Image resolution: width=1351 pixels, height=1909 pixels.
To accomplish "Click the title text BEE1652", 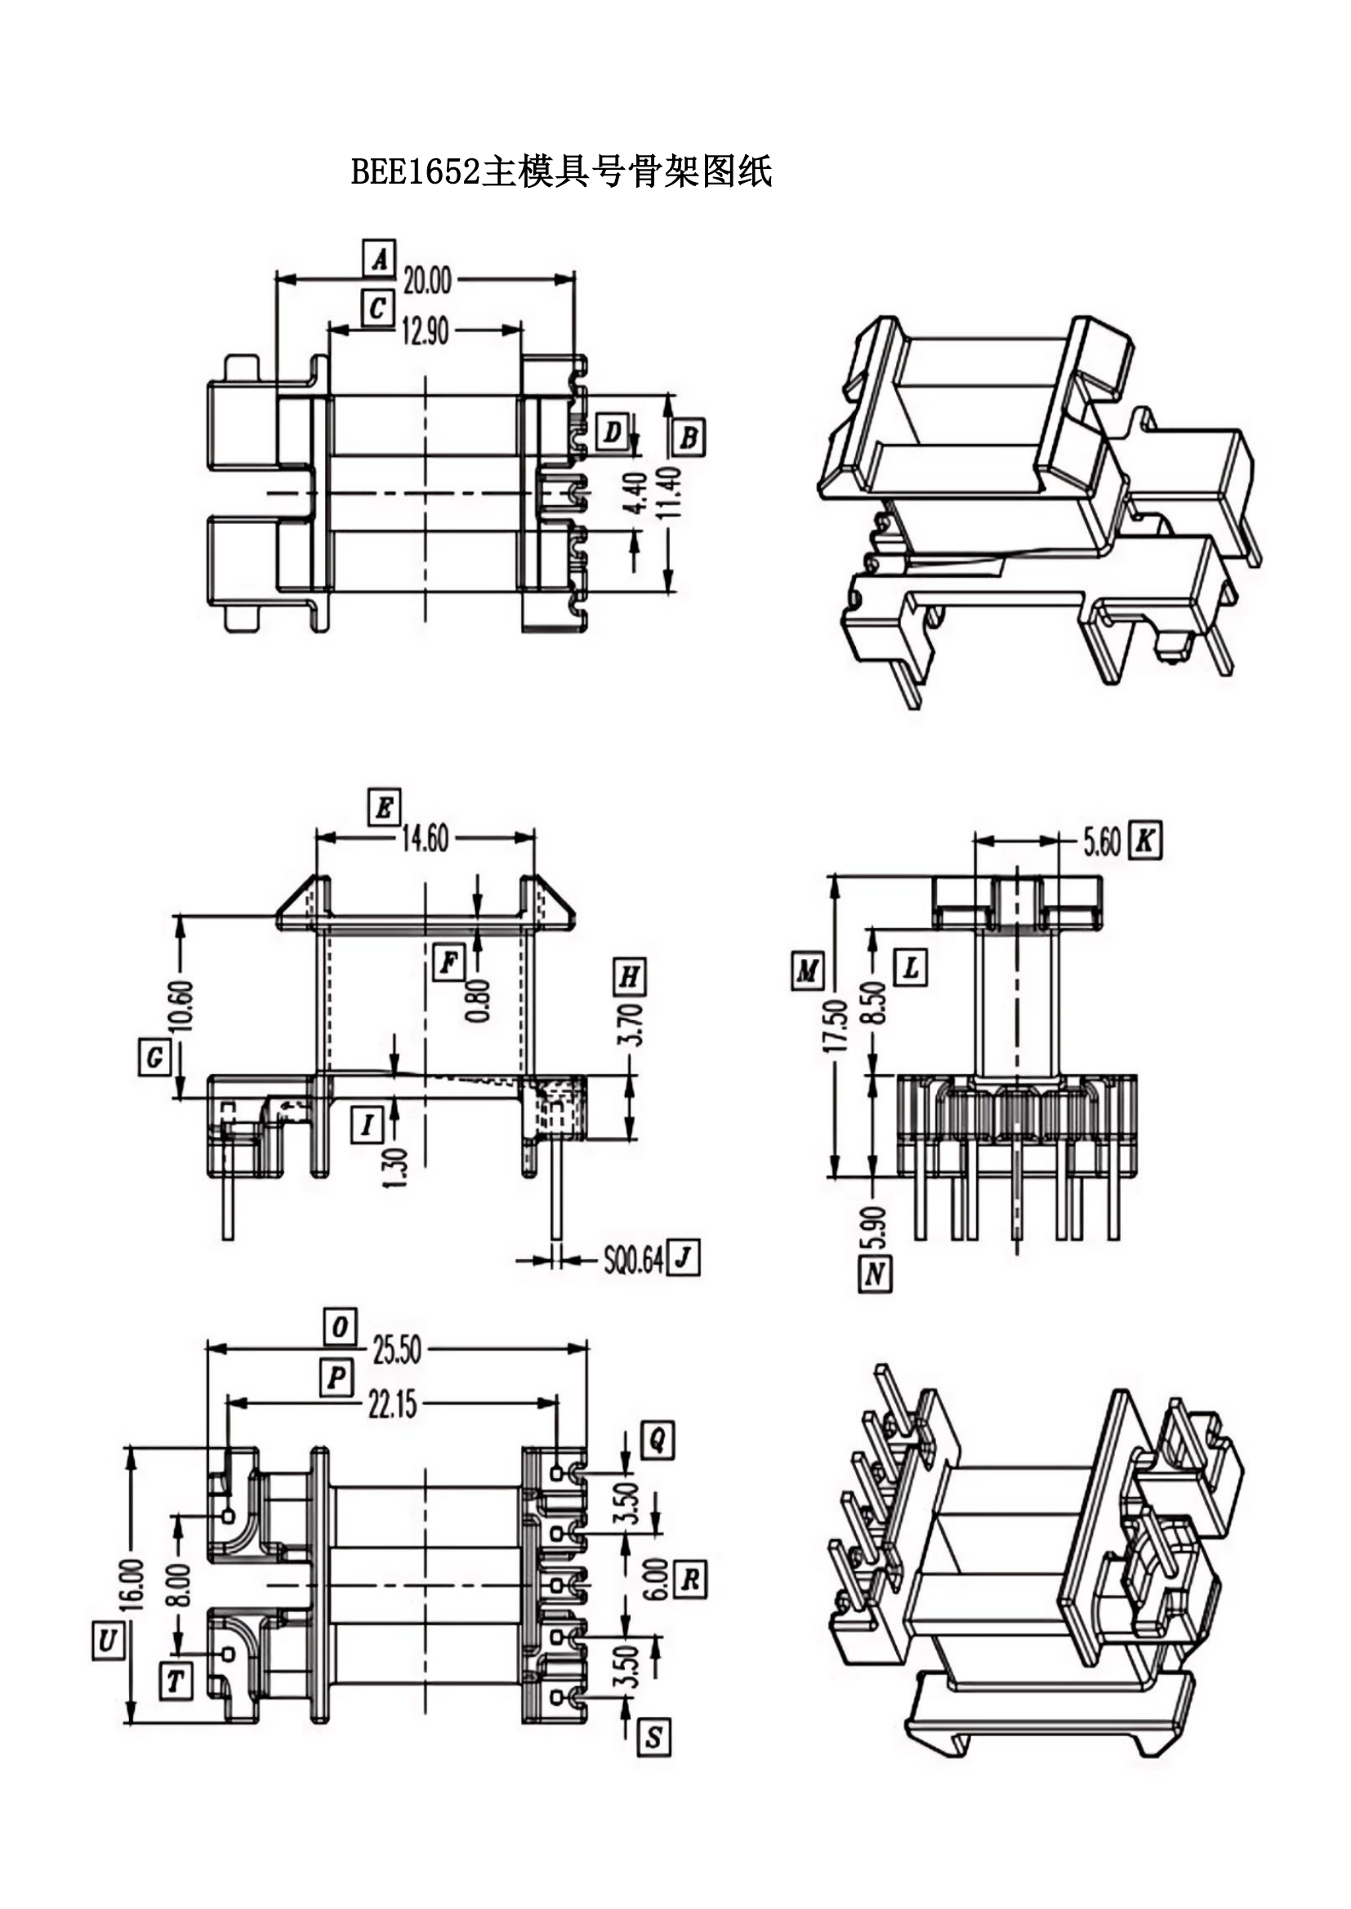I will [x=415, y=172].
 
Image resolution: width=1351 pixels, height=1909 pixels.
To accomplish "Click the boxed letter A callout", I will [x=379, y=260].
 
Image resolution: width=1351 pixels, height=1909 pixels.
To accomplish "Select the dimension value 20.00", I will [x=427, y=281].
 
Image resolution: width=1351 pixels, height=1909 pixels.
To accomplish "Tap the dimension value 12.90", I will [x=425, y=331].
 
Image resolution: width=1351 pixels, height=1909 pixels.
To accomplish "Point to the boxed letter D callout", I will [x=613, y=433].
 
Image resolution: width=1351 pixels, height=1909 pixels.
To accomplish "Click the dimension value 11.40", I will [x=670, y=492].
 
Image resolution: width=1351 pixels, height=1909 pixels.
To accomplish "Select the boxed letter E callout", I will [x=385, y=807].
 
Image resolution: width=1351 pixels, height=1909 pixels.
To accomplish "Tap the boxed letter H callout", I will [x=630, y=976].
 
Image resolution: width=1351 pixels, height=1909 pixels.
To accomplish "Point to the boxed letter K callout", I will [x=1144, y=841].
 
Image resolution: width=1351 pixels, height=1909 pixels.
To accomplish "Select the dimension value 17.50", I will [x=836, y=1026].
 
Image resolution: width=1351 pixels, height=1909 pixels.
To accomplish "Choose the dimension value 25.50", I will [x=397, y=1349].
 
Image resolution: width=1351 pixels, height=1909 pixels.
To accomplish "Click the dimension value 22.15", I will [x=393, y=1405].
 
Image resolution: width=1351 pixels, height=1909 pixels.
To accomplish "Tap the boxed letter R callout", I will [x=689, y=1580].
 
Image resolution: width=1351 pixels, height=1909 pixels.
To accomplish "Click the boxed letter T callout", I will [x=176, y=1681].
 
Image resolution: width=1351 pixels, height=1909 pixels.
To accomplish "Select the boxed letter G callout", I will [x=154, y=1059].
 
